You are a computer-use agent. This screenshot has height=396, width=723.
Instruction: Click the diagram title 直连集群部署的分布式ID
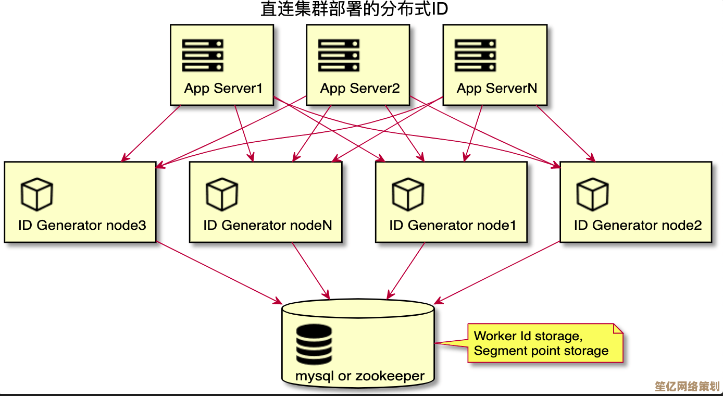tap(354, 9)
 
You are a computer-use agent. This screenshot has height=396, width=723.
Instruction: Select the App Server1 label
tap(223, 88)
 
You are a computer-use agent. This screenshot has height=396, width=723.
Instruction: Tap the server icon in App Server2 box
tap(339, 55)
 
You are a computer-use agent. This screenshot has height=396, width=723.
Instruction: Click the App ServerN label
tap(496, 88)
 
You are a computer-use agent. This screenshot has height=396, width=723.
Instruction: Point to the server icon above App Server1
tap(203, 55)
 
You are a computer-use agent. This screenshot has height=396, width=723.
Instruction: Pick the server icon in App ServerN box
tap(475, 55)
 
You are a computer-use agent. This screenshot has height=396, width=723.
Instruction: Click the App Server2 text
tap(360, 88)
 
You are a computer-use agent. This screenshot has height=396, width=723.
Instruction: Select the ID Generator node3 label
tap(82, 225)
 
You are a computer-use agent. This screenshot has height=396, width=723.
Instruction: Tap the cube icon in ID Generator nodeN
tap(222, 194)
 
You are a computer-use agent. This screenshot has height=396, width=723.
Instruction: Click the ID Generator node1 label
tap(452, 225)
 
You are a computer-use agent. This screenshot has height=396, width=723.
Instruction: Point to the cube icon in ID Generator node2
tap(592, 194)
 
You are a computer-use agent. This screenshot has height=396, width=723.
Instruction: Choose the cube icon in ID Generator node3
tap(36, 194)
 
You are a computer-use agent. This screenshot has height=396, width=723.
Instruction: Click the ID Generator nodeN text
tap(267, 225)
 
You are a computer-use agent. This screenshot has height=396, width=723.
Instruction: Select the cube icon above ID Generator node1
tap(408, 194)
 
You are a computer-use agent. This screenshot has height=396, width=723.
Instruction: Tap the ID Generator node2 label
tap(638, 225)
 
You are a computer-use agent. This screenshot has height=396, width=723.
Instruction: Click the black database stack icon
tap(314, 344)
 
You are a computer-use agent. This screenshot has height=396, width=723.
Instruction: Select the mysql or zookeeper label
tap(359, 375)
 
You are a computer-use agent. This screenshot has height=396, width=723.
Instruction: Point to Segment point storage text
tap(541, 351)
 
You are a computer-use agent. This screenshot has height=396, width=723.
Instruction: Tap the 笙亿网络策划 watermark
tap(687, 387)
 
